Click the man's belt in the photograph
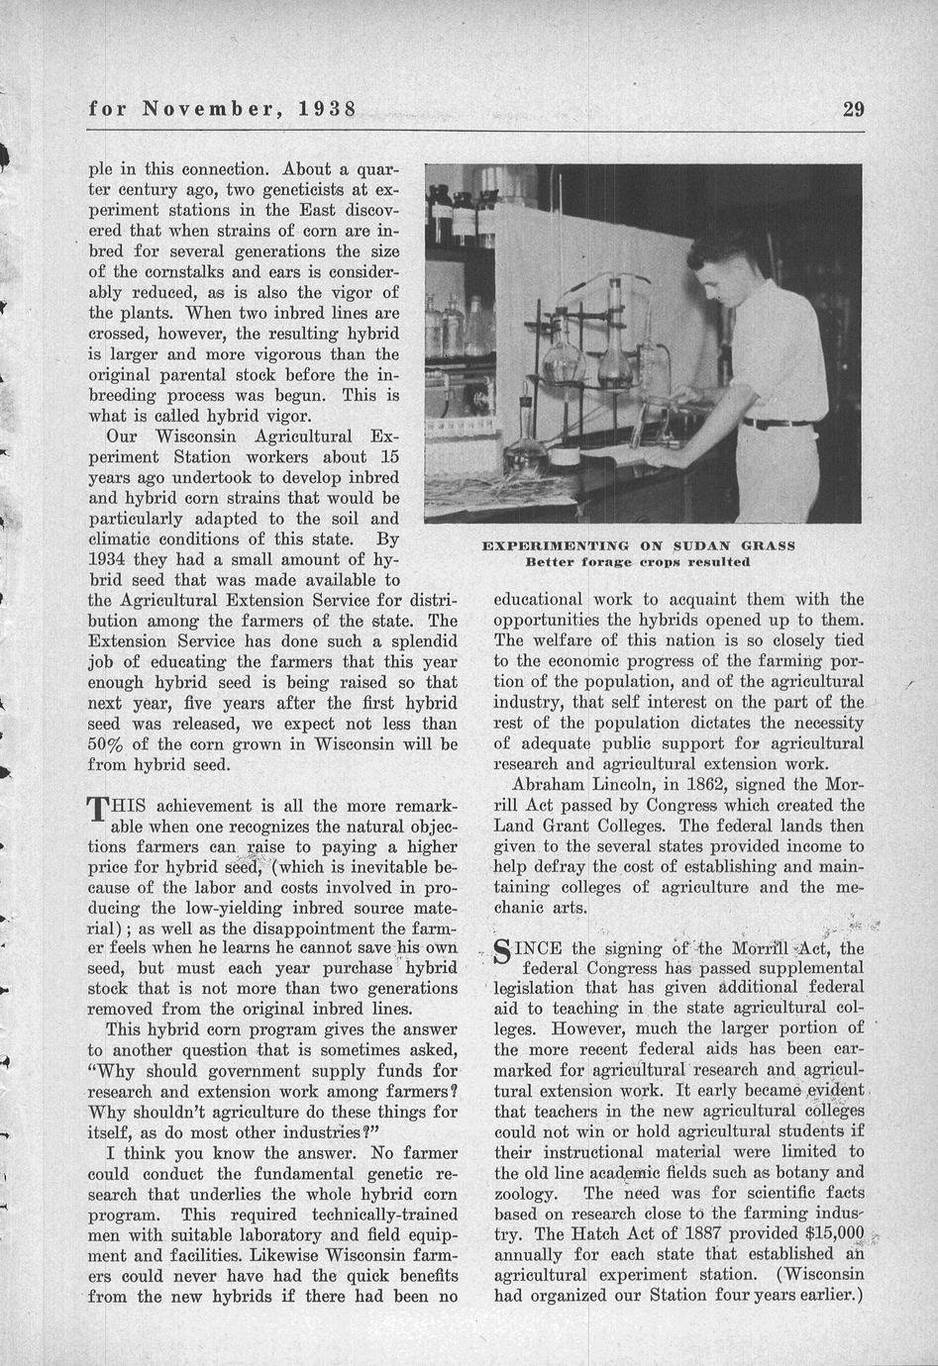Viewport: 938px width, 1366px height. (x=777, y=423)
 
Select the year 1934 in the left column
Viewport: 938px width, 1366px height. (x=111, y=559)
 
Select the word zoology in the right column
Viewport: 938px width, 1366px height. (x=525, y=1193)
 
